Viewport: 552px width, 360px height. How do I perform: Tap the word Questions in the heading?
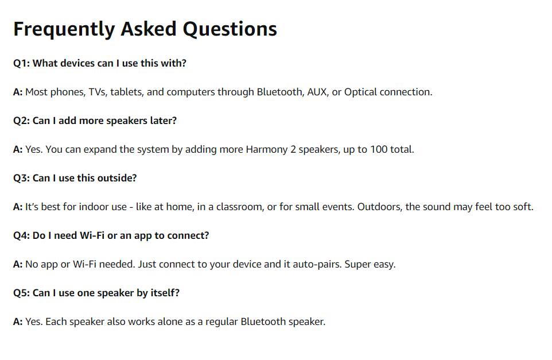coord(230,29)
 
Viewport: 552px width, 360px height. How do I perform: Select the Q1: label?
coord(21,63)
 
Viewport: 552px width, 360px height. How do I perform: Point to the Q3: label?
coord(21,178)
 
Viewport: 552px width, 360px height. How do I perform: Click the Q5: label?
coord(21,293)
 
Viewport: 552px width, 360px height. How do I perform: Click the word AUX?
coord(318,92)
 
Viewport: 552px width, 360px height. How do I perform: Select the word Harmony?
coord(267,149)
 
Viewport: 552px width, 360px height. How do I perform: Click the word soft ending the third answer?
coord(523,207)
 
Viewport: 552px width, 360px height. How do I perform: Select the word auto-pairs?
coord(316,264)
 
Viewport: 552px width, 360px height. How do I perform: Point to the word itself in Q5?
coord(165,293)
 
